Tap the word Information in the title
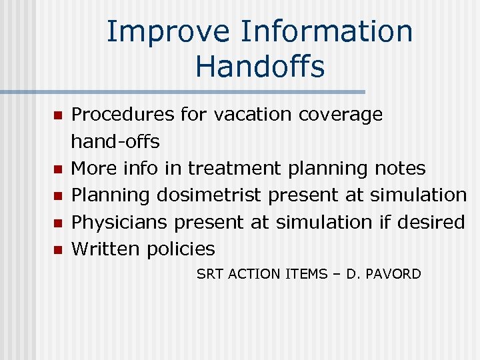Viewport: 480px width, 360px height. [327, 32]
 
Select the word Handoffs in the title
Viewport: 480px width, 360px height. [260, 67]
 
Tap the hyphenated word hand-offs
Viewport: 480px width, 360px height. [115, 141]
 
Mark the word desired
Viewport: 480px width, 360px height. [430, 222]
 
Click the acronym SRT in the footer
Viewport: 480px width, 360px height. [210, 274]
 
